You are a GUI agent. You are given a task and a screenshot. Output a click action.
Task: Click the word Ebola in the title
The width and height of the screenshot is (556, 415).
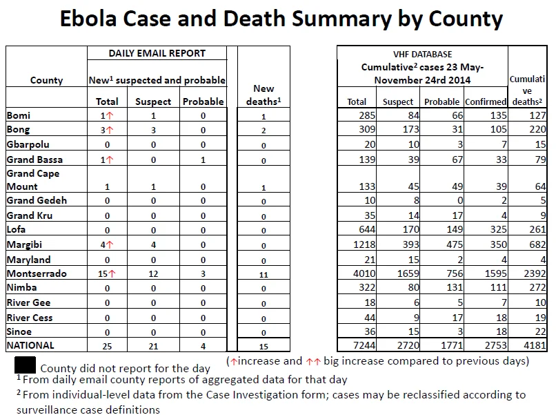[88, 19]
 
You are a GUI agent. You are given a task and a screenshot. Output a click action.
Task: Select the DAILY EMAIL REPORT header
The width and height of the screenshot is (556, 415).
[157, 53]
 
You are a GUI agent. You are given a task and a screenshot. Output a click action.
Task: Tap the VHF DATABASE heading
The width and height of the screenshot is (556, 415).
[422, 55]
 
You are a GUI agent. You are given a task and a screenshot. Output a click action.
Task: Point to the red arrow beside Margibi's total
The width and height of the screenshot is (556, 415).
[110, 244]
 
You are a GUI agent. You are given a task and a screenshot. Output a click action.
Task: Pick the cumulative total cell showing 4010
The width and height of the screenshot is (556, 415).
[364, 273]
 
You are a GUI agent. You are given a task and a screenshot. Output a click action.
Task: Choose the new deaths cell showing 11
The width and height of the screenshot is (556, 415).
[264, 274]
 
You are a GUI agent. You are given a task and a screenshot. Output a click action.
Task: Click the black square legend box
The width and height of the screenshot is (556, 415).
[25, 365]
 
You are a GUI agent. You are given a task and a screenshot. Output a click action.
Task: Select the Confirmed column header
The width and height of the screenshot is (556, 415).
[486, 102]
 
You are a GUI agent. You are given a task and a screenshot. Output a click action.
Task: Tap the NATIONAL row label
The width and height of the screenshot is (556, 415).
[30, 345]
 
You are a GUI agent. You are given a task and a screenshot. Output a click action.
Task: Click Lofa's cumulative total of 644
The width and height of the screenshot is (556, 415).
[367, 229]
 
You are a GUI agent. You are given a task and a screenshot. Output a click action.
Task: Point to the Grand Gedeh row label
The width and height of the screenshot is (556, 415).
[37, 200]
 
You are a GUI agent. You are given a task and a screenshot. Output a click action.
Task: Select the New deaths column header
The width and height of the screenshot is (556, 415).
[264, 95]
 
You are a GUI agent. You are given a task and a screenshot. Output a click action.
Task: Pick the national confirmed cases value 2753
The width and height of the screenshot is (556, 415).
[495, 345]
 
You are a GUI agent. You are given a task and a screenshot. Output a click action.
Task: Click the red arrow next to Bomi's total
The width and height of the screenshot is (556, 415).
[110, 116]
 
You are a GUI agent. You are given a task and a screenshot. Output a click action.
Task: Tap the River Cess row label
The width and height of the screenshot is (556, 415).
[30, 318]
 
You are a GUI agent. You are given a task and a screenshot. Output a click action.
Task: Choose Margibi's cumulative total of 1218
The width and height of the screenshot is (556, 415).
[364, 244]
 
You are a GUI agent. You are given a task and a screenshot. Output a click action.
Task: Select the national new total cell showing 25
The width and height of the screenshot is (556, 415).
[107, 346]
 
